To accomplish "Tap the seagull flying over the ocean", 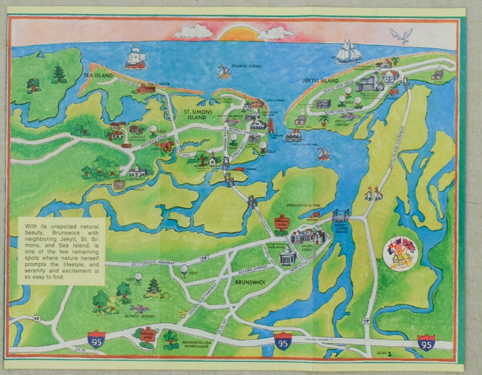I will coord(402,35).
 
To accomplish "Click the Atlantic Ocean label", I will coord(246,66).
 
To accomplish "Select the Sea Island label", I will coord(95,76).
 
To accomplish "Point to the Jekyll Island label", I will coord(320,81).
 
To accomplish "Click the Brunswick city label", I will coord(250,282).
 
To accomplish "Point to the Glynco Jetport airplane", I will coord(140,308).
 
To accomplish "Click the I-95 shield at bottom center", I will coord(283,340).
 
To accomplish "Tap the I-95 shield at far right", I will coord(426,342).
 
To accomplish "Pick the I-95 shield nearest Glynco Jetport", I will coord(96,339).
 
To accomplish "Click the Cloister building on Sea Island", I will coord(145,89).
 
